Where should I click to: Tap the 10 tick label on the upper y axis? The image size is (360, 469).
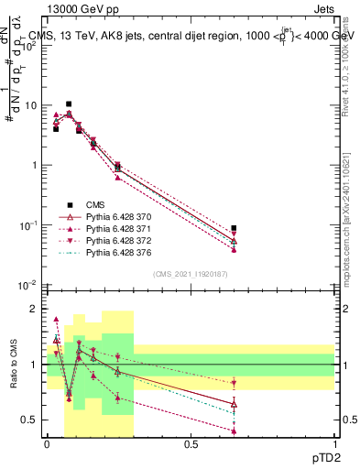[30, 105]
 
